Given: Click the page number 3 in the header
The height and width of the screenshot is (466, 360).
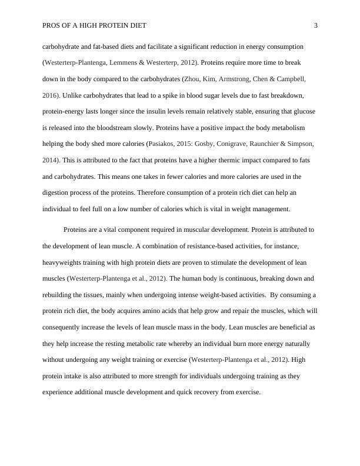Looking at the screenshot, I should [x=316, y=25].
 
